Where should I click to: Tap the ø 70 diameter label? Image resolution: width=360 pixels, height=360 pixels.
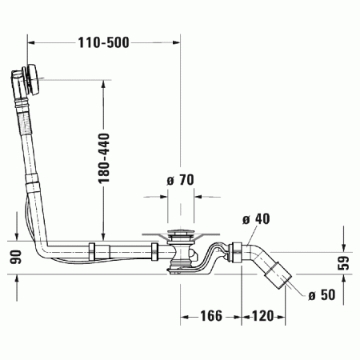[182, 180]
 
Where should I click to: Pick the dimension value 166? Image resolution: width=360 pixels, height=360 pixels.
[209, 316]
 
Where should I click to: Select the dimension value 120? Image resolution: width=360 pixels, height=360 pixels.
[262, 316]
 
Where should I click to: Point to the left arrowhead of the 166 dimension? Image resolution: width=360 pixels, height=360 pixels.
[182, 316]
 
